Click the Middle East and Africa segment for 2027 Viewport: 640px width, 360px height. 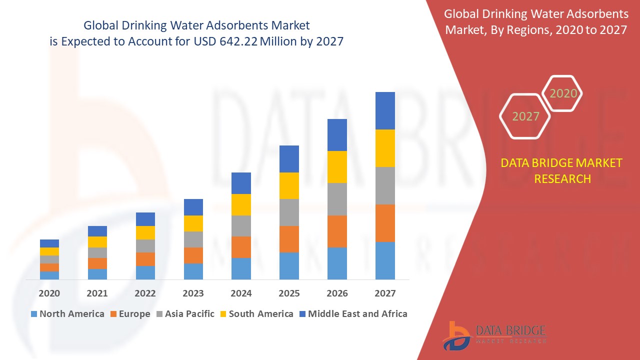point(385,110)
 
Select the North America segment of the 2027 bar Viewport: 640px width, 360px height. point(385,260)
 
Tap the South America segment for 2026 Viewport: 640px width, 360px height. point(337,167)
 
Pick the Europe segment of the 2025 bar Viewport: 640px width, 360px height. point(289,239)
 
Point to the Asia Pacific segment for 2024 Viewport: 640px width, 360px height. point(241,226)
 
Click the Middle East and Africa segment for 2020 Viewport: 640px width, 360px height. point(49,243)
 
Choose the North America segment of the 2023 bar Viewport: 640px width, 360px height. point(193,271)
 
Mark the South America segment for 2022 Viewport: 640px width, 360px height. point(145,232)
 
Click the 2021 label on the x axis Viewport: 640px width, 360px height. point(97,293)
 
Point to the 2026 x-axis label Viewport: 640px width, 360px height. point(337,293)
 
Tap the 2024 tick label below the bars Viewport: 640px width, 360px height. point(241,293)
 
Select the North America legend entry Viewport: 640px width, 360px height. point(67,314)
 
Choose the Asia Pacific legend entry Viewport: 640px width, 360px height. point(185,314)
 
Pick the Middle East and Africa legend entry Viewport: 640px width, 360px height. point(352,314)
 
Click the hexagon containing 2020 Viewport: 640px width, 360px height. point(563,93)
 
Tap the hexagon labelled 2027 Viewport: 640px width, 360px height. point(525,116)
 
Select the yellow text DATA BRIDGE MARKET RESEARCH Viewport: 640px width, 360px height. point(562,170)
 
